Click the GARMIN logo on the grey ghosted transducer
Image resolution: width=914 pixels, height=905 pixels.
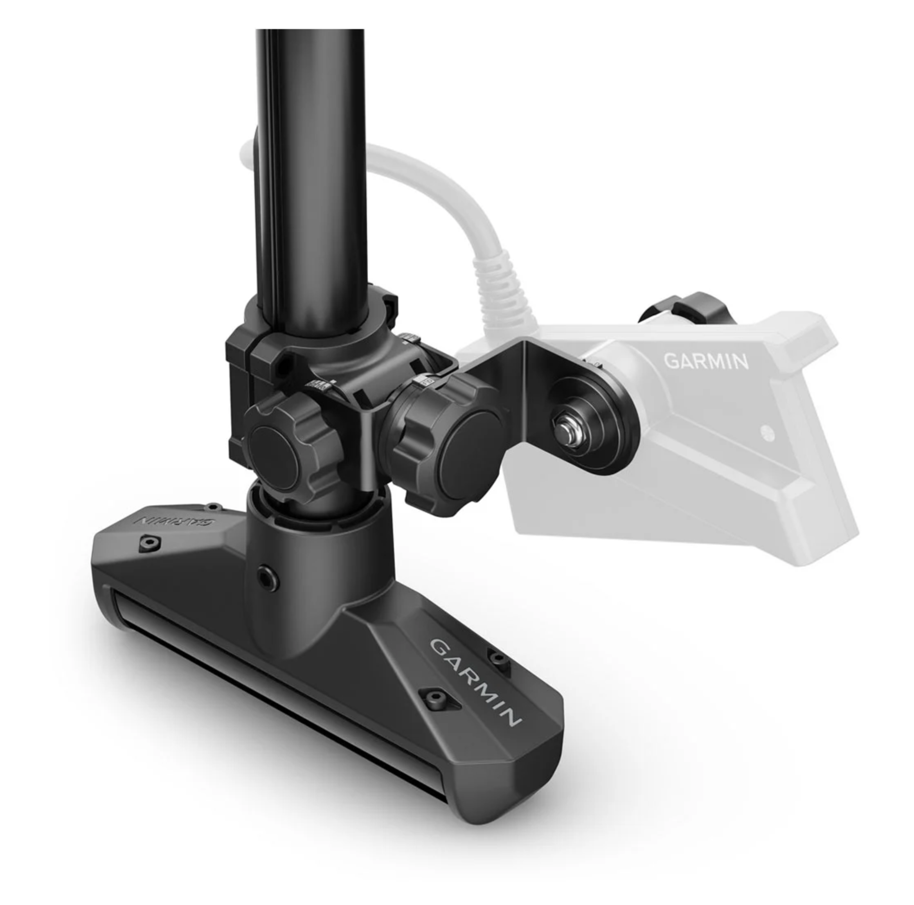706,361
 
